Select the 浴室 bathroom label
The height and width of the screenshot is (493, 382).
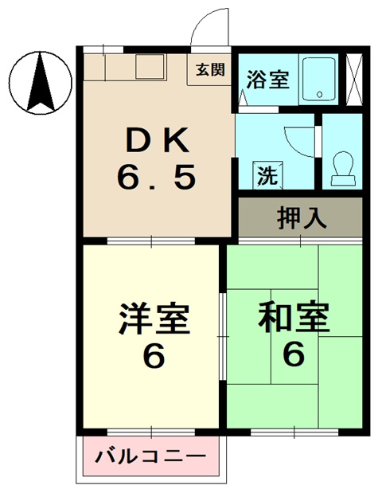pos(267,80)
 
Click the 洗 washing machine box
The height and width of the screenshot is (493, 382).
pos(265,174)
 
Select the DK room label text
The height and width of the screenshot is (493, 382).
pos(156,143)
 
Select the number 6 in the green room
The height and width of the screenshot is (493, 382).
pos(293,354)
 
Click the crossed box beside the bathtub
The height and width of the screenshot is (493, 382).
pos(354,79)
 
